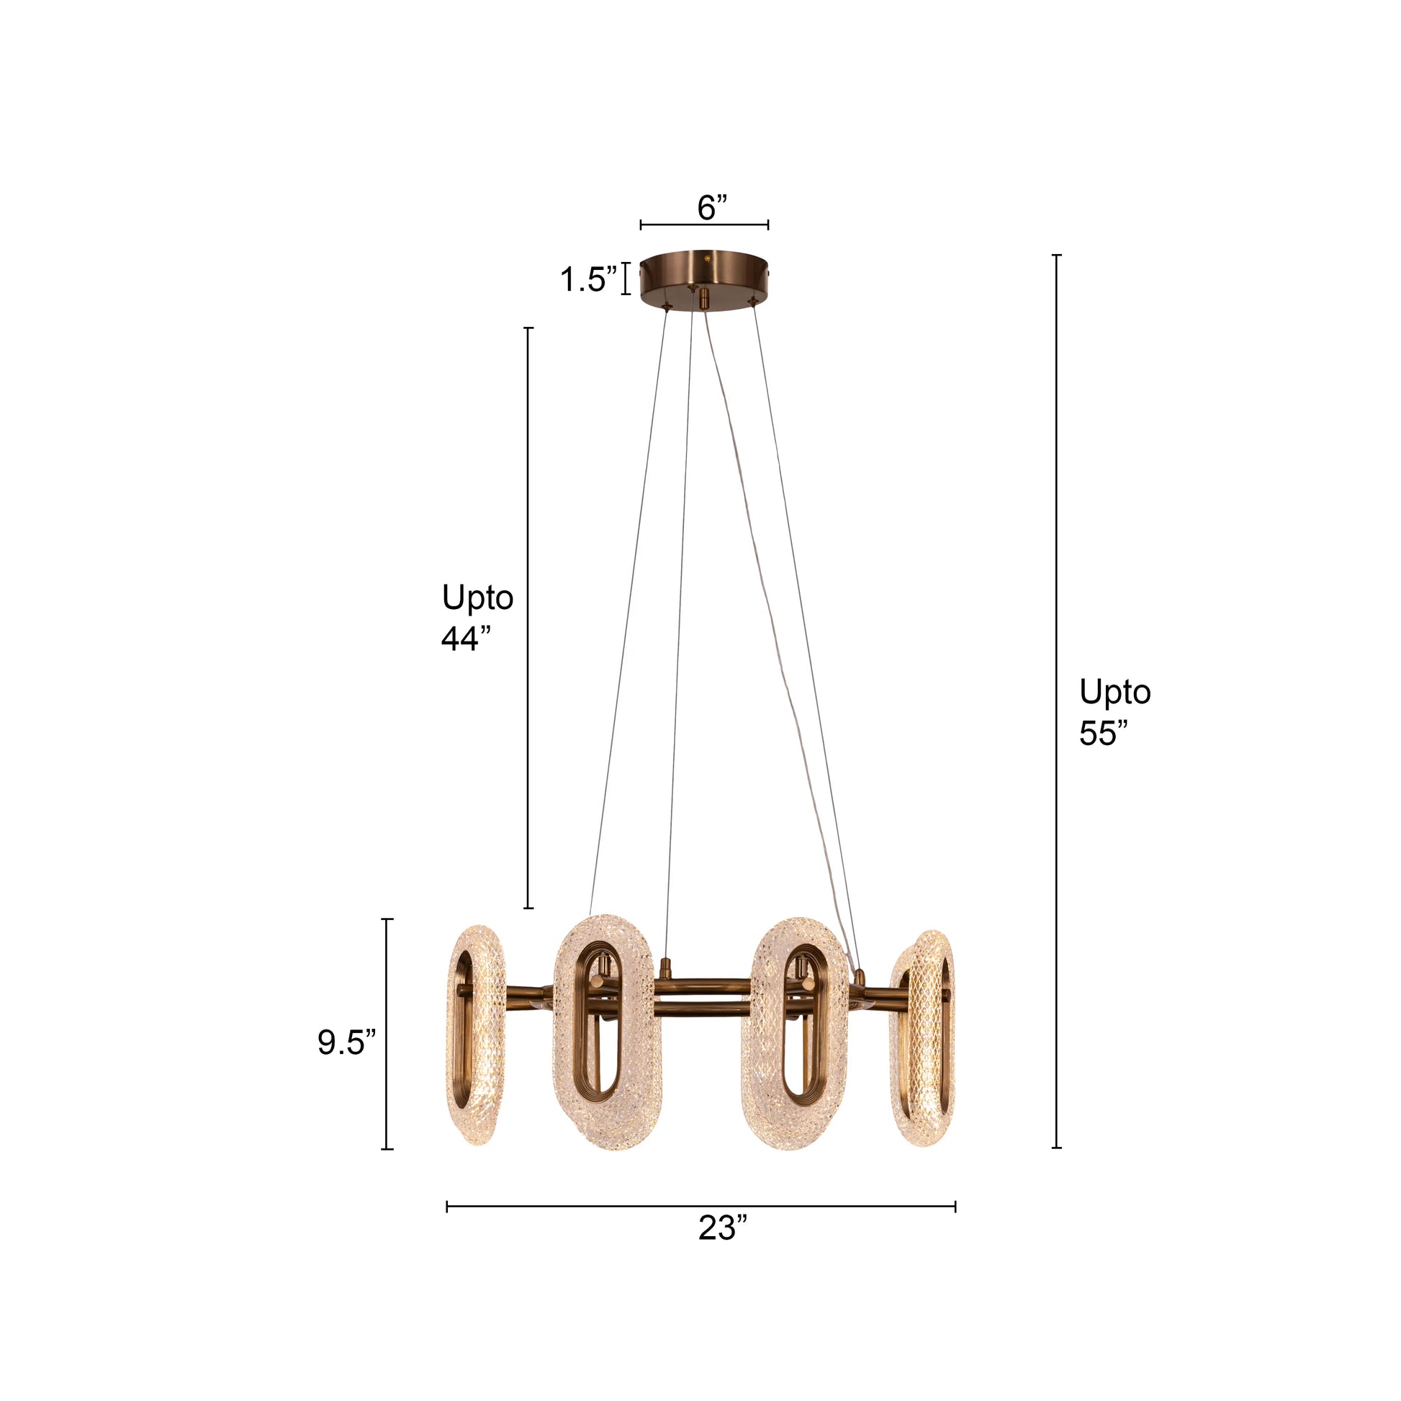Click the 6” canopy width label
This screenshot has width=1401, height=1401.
click(711, 208)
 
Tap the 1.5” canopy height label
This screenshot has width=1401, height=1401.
click(588, 279)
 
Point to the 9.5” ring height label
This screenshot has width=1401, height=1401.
click(346, 1042)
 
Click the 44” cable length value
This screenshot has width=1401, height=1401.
click(467, 639)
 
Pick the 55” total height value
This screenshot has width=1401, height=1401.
click(1104, 733)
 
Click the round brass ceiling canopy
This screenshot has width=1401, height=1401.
click(704, 279)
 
